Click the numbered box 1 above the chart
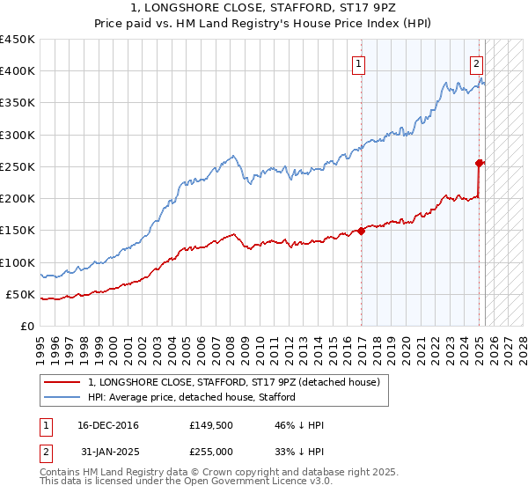(359, 63)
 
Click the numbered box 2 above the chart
(476, 63)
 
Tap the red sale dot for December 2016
(362, 231)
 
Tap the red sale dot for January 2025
(480, 163)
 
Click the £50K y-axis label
(21, 294)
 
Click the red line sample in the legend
(61, 382)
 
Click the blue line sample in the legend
(61, 397)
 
